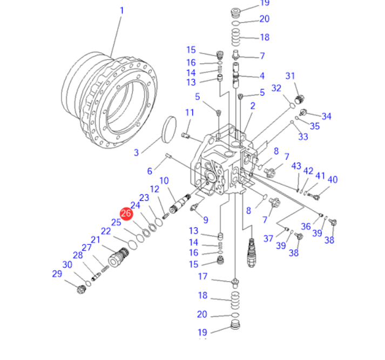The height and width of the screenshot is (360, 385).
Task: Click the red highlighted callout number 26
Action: [126, 214]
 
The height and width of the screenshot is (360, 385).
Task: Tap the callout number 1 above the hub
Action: [122, 11]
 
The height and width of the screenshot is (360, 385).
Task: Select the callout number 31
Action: [290, 76]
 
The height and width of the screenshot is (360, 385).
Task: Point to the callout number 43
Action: [296, 166]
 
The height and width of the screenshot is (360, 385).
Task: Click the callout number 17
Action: [203, 276]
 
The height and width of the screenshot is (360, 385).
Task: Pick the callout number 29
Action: [57, 274]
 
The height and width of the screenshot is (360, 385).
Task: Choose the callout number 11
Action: [190, 113]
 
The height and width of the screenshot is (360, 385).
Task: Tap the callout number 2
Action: [253, 106]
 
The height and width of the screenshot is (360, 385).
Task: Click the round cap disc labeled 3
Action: [169, 130]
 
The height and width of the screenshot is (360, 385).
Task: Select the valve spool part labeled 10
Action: [180, 203]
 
